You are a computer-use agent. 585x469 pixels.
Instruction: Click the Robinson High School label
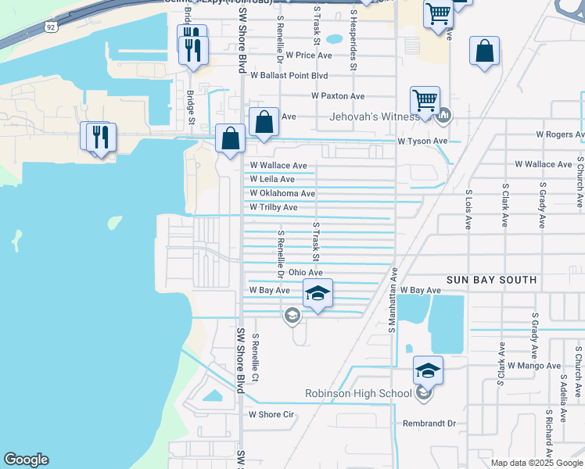(x=358, y=393)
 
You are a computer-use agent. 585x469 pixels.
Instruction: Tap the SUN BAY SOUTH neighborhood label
(x=491, y=280)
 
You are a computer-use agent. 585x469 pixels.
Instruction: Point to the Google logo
(x=26, y=460)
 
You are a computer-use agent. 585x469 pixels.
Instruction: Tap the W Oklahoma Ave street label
(x=282, y=193)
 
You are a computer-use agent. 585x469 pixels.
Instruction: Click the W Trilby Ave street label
(x=274, y=207)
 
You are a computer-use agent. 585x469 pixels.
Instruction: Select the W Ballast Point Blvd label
(x=289, y=76)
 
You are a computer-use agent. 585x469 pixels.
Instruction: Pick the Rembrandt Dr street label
(x=429, y=423)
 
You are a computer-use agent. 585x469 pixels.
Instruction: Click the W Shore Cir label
(x=270, y=414)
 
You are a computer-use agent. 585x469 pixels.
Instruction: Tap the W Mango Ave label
(x=534, y=365)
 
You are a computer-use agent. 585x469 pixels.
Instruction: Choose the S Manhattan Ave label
(x=394, y=299)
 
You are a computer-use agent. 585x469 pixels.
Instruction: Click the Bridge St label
(x=190, y=106)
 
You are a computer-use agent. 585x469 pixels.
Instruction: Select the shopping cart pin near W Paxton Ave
(x=425, y=101)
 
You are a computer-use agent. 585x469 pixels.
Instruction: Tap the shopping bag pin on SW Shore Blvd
(x=231, y=139)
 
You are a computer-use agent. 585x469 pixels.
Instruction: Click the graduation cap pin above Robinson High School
(x=428, y=370)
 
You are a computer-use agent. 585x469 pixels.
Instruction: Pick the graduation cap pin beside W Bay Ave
(x=318, y=293)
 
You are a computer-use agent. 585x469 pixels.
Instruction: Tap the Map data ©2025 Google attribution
(x=536, y=463)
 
